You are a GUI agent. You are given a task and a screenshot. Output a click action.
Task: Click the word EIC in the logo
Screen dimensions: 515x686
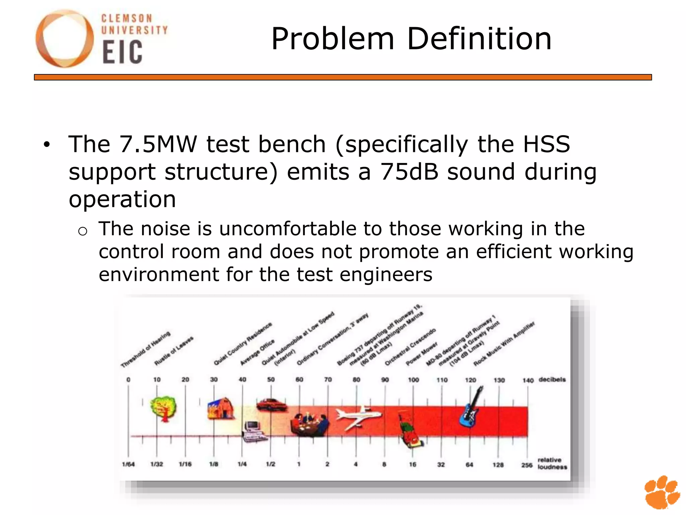coord(123,52)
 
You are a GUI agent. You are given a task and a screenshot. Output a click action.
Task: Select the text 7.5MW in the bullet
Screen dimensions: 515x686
coord(158,144)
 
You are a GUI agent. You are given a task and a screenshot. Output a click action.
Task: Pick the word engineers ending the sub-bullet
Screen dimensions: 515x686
coord(386,275)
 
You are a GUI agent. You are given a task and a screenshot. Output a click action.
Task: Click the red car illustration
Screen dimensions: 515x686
coord(271,404)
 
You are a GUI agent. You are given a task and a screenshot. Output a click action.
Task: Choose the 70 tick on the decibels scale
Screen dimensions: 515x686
coord(328,380)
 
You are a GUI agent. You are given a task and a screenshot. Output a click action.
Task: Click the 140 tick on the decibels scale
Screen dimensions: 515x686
coord(528,380)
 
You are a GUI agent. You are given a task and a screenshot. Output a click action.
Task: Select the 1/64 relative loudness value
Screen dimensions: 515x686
coord(128,464)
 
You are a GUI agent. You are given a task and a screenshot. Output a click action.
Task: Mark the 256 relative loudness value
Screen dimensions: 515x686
coord(527,465)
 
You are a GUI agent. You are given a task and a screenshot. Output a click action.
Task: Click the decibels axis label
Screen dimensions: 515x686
coord(552,380)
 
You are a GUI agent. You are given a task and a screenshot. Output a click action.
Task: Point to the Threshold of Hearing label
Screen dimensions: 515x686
coord(146,349)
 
